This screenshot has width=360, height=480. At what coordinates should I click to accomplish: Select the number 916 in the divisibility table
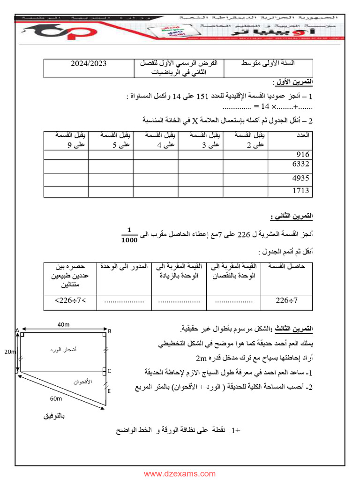(x=302, y=154)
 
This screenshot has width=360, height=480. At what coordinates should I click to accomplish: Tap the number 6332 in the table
(x=300, y=164)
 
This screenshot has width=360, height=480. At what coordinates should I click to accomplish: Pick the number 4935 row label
(x=300, y=178)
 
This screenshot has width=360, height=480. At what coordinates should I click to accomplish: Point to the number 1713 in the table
(x=300, y=191)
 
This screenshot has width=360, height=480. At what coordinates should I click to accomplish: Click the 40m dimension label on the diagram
(x=64, y=325)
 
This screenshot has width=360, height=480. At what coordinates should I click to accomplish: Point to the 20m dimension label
(x=10, y=352)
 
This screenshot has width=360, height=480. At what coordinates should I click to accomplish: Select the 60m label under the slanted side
(x=55, y=398)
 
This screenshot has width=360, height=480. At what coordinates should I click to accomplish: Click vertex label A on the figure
(x=17, y=330)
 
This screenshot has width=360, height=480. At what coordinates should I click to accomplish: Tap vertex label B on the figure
(x=109, y=331)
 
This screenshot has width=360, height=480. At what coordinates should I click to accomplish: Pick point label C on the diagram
(x=109, y=371)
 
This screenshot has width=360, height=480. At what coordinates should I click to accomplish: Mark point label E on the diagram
(x=109, y=390)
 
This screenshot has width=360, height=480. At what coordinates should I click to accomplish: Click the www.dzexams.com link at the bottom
(x=180, y=474)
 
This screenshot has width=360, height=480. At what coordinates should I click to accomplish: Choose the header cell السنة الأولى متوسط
(x=267, y=63)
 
